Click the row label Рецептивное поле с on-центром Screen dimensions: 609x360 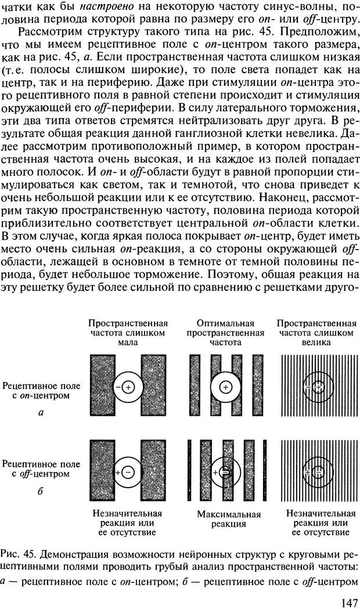pyautogui.click(x=41, y=390)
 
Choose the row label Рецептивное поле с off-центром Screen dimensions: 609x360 pyautogui.click(x=41, y=469)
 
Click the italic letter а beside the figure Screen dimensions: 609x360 pyautogui.click(x=39, y=413)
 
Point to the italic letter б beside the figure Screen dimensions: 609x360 pyautogui.click(x=39, y=492)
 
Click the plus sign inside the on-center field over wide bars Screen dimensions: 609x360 pyautogui.click(x=129, y=386)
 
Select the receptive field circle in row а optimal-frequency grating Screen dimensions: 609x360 pyautogui.click(x=226, y=386)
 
